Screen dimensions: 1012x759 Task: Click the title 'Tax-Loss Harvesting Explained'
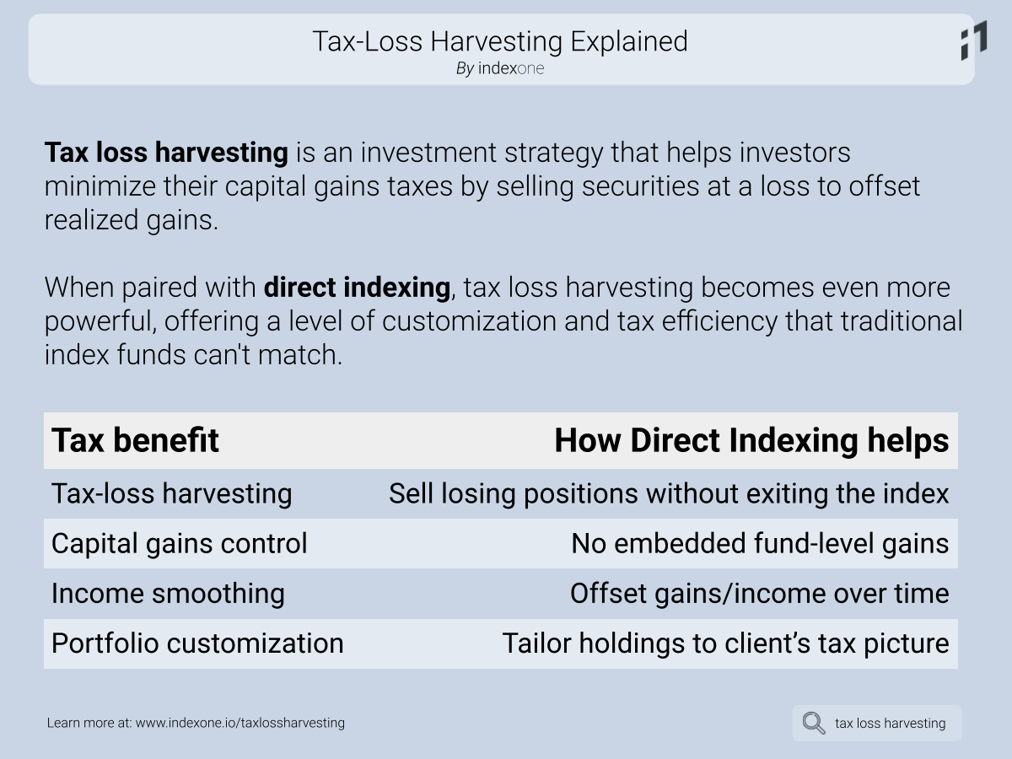tap(500, 42)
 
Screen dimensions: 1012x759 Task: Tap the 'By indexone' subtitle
tap(500, 68)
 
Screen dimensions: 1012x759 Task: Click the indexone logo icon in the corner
tap(974, 40)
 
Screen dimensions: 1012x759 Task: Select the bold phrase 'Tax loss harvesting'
tap(166, 153)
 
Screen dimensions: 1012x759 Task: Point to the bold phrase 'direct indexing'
tap(357, 288)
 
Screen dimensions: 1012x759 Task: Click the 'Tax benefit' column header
tap(135, 440)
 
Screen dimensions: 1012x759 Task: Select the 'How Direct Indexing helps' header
tap(751, 440)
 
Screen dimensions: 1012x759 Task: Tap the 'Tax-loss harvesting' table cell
tap(171, 493)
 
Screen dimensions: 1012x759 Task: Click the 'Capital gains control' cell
tap(179, 543)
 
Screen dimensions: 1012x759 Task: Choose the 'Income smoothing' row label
tap(168, 593)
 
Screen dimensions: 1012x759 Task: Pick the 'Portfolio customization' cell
tap(197, 643)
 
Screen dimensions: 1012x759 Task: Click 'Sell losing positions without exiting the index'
tap(669, 493)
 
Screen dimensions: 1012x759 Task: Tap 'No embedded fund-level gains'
tap(761, 543)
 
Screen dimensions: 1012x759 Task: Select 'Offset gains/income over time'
tap(760, 593)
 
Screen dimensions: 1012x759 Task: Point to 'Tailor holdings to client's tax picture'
tap(726, 643)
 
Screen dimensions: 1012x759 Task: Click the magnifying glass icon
tap(814, 723)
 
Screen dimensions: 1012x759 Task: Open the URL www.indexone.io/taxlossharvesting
tap(240, 723)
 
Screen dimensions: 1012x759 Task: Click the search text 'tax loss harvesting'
tap(891, 724)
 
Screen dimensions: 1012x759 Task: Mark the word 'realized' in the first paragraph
tap(91, 220)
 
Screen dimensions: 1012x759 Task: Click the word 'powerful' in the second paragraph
tap(100, 321)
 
